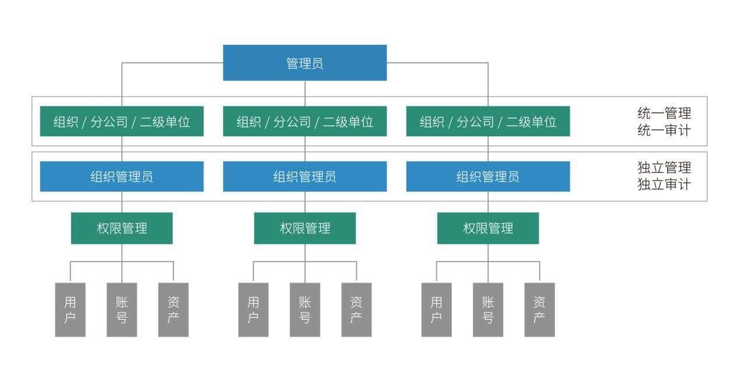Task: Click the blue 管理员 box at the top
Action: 305,63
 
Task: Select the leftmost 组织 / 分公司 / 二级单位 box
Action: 122,122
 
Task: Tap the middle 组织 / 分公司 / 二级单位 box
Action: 305,122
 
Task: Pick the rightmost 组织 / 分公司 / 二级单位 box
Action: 488,122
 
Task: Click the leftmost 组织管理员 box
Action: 122,176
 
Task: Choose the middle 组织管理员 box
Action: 305,176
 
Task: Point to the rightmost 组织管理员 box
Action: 488,176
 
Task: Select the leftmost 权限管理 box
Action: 122,228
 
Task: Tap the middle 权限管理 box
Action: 305,228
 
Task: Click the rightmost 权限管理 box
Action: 488,228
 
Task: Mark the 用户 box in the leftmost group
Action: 70,310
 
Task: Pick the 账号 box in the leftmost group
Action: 122,310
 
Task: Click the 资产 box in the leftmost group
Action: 174,310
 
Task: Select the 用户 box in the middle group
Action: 253,310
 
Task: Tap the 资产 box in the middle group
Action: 356,310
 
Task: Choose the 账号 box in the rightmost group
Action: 488,310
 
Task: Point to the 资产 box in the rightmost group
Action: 540,310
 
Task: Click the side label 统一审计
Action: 664,130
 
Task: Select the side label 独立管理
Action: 664,168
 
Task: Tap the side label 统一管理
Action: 664,113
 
